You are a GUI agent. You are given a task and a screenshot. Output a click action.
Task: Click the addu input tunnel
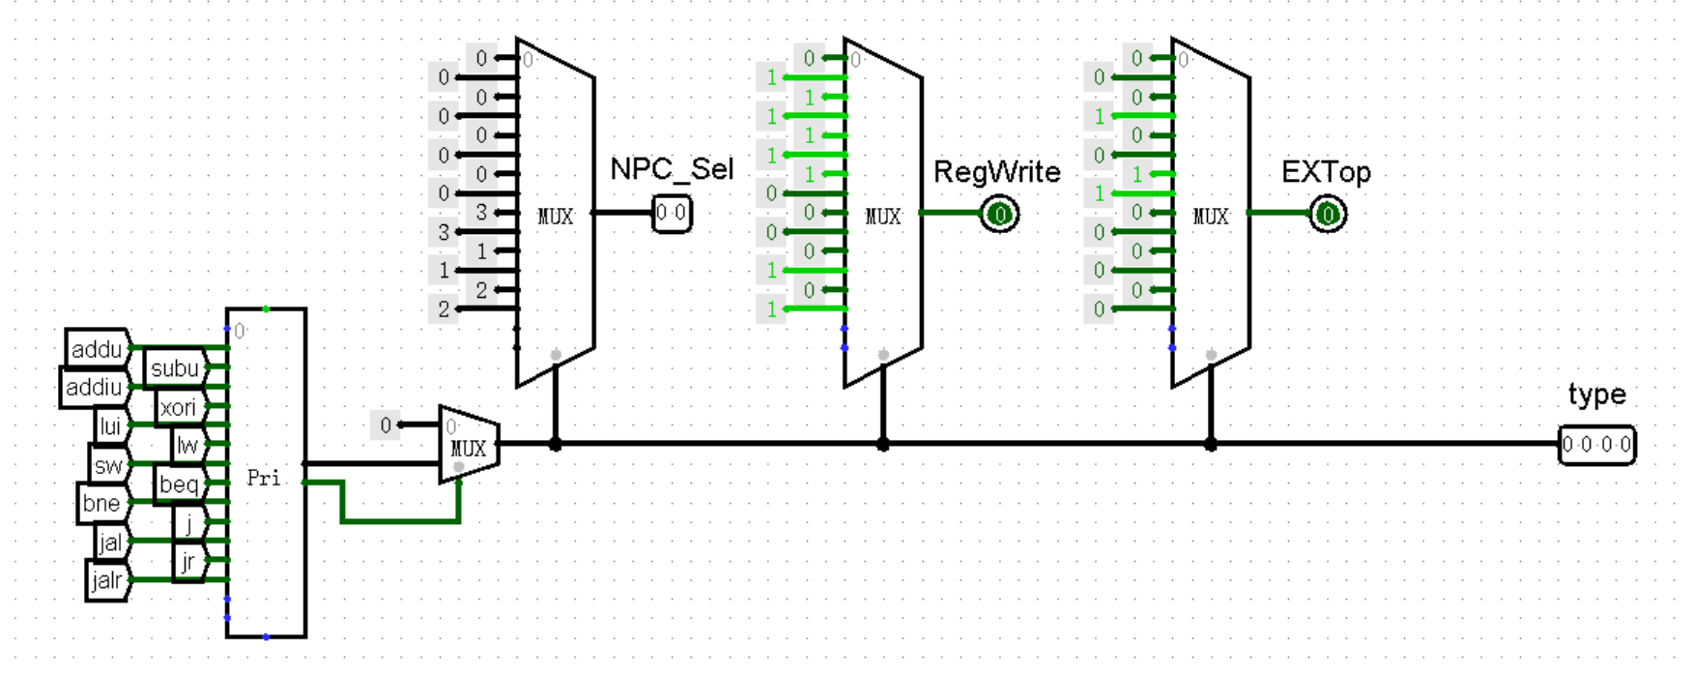[98, 349]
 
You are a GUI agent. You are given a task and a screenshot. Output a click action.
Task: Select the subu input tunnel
[175, 368]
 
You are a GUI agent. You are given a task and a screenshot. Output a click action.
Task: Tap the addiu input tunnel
[94, 388]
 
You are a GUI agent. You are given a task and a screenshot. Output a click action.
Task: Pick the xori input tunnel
[179, 407]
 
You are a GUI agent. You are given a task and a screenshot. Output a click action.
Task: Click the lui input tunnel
[111, 426]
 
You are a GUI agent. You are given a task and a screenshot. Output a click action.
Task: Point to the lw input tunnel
[187, 446]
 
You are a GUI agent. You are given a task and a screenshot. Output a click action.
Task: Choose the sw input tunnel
[108, 465]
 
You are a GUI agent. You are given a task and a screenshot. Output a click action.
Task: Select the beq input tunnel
[179, 483]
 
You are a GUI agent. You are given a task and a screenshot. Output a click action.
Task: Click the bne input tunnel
[101, 503]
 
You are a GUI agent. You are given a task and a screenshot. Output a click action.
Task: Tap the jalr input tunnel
[107, 580]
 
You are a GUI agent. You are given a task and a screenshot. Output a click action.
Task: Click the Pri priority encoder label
[264, 478]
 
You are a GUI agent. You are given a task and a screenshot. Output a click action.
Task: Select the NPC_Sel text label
[672, 169]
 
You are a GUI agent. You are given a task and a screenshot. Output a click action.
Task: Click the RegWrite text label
[996, 172]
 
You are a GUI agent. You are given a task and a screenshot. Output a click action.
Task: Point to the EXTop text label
[1326, 172]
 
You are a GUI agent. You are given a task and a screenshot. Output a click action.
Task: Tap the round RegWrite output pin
[1000, 214]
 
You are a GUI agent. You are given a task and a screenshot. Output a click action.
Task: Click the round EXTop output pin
[1328, 214]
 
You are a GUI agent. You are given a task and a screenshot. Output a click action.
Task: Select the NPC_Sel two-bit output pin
[672, 214]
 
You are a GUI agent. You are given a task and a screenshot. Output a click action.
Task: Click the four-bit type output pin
[1596, 445]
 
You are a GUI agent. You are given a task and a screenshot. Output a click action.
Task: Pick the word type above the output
[1596, 395]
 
